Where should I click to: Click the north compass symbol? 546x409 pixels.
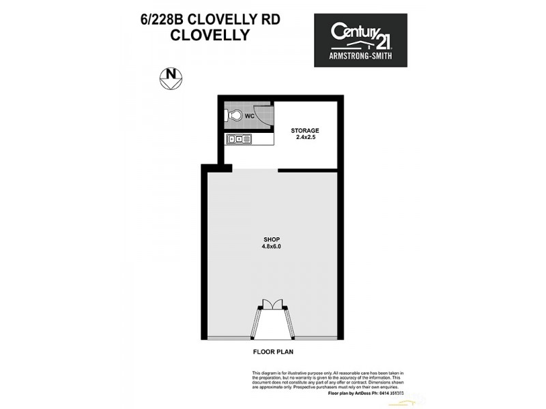171,78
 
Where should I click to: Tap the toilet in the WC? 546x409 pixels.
235,116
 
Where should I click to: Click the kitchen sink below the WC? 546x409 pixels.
240,139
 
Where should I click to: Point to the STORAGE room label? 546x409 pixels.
304,130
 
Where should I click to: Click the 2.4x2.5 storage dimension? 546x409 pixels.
304,138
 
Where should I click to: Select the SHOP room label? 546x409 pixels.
272,239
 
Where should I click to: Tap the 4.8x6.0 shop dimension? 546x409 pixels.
272,247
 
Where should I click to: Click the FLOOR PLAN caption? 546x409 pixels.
274,353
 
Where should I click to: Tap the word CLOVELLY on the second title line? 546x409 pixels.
208,34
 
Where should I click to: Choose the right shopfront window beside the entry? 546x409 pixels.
317,339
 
